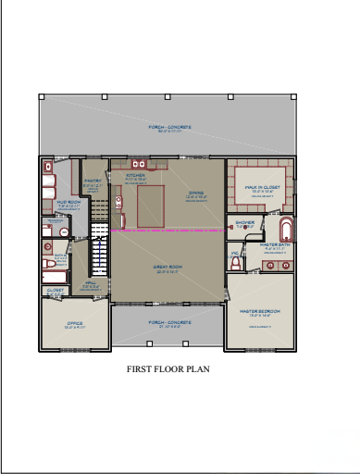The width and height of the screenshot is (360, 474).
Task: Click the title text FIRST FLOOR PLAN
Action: click(168, 368)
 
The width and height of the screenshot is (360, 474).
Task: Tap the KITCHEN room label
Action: click(135, 174)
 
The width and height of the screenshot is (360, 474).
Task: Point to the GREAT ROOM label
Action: click(167, 268)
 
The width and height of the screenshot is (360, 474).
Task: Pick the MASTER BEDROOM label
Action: click(259, 311)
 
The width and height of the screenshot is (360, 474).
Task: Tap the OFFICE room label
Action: click(75, 324)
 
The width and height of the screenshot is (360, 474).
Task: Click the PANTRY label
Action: click(93, 181)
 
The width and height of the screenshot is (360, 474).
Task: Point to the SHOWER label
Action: click(244, 222)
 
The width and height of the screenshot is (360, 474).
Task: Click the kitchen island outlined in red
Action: click(152, 206)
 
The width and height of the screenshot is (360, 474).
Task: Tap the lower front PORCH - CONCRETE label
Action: click(168, 323)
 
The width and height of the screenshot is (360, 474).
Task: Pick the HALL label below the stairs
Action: click(91, 283)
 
